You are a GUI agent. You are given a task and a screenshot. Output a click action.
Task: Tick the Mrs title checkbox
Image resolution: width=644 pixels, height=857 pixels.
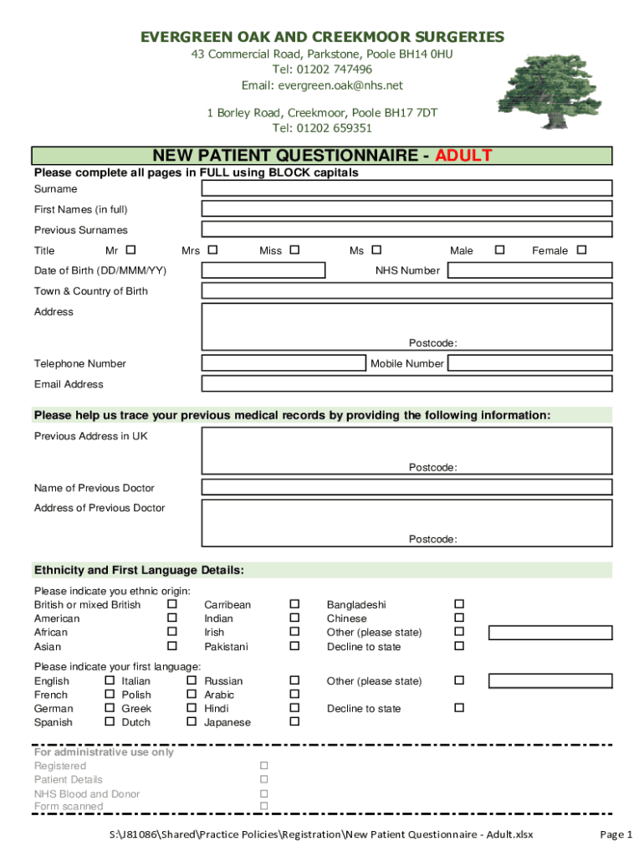(x=212, y=249)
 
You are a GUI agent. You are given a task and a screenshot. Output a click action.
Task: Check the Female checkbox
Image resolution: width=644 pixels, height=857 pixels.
(x=581, y=249)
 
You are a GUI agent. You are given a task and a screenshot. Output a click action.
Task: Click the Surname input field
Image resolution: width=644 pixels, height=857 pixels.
(x=406, y=188)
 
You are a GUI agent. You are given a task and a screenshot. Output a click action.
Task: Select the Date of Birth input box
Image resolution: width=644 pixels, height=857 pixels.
(x=263, y=270)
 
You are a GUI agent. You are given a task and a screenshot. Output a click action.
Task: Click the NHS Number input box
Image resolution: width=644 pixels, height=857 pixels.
(x=529, y=270)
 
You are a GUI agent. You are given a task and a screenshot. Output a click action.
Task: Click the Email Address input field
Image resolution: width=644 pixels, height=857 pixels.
(x=406, y=383)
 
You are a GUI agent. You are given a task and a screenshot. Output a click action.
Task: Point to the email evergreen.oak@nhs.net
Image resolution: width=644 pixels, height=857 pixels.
(x=322, y=85)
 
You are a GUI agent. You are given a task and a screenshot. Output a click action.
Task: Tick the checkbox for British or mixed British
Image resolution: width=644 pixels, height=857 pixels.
(x=172, y=604)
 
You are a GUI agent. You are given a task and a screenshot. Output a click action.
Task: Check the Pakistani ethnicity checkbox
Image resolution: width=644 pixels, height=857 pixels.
(x=294, y=646)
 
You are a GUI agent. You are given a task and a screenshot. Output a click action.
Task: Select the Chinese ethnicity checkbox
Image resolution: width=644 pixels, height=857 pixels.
(x=458, y=618)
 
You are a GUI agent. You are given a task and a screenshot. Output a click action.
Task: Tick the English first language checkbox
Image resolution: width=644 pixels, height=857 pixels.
(x=110, y=680)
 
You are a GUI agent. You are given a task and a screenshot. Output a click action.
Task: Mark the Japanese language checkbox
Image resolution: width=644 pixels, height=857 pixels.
(x=294, y=721)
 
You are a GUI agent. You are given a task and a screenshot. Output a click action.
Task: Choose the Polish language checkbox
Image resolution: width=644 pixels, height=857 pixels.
(x=191, y=695)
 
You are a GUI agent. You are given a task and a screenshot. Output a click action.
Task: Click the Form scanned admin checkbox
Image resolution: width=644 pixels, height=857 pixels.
(x=264, y=806)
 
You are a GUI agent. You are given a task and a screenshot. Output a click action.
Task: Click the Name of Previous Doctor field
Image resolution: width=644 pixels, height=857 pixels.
(x=406, y=487)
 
